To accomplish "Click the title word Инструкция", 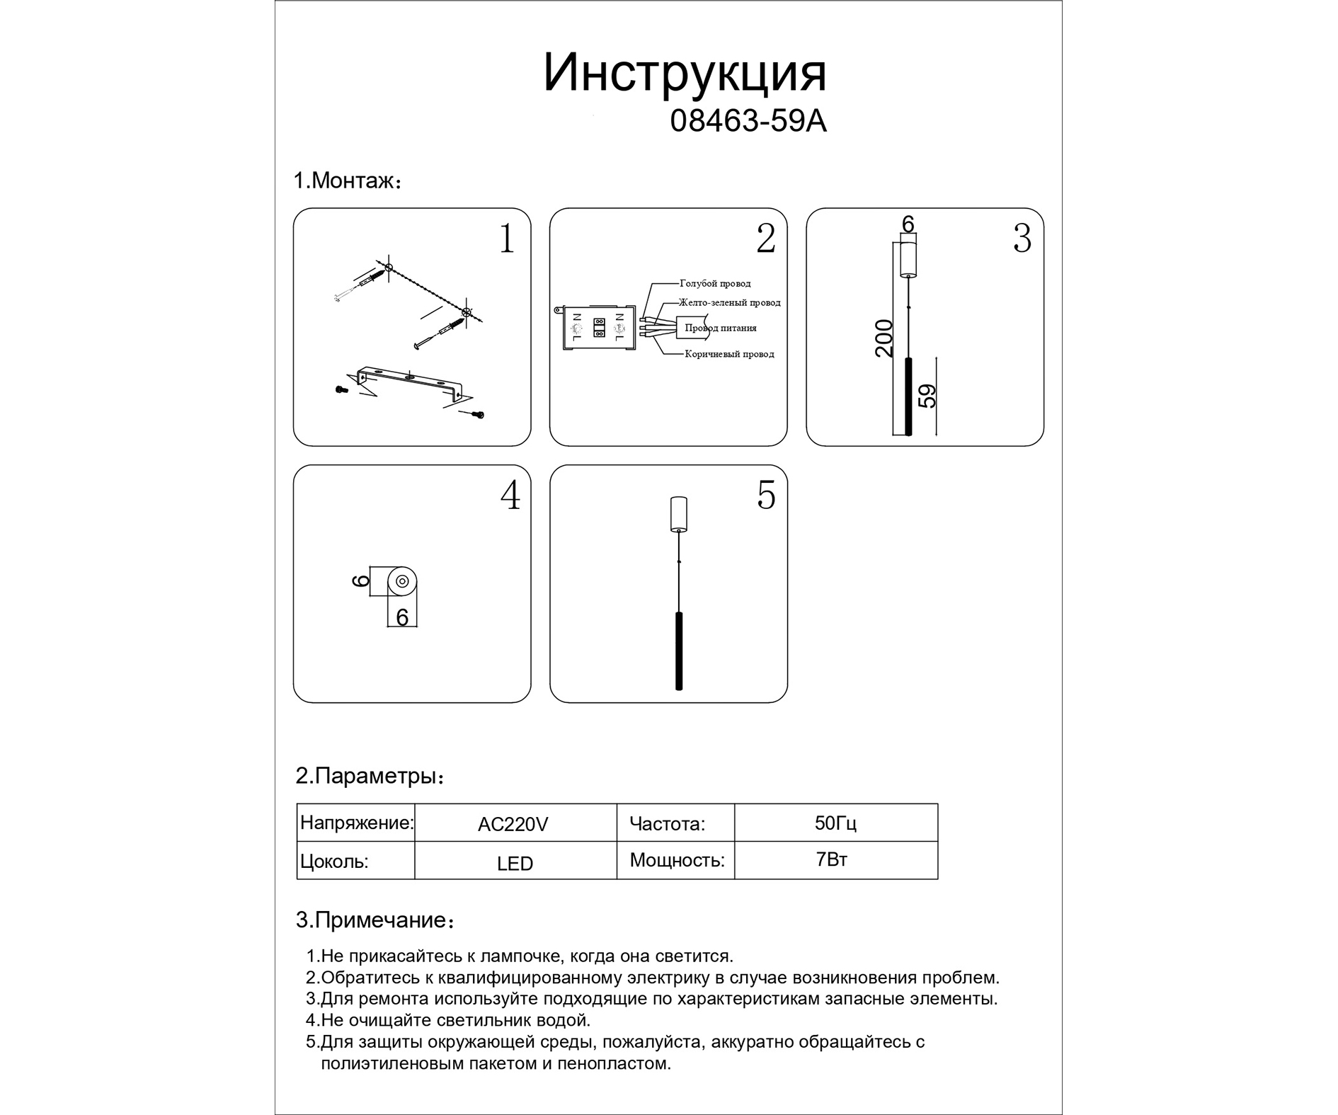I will [685, 74].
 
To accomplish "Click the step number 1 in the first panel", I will [506, 239].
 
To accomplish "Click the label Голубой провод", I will [715, 283].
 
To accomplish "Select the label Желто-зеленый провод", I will [729, 302].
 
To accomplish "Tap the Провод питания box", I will [720, 328].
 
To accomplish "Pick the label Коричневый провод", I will [729, 354].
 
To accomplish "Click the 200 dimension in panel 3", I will [884, 338].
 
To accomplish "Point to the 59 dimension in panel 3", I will [927, 396].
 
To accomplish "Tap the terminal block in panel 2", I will [598, 329].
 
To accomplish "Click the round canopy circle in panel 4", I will [401, 582].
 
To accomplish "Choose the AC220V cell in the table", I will [513, 824].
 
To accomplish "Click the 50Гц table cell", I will [835, 823].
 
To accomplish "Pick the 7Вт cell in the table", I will [832, 859].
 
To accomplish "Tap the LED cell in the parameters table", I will [515, 864].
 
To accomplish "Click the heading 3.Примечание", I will [374, 920].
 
